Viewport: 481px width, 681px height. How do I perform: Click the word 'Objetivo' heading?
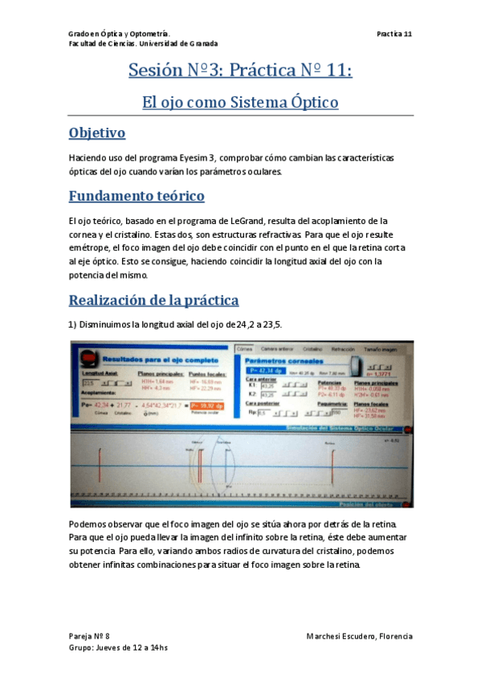(x=96, y=133)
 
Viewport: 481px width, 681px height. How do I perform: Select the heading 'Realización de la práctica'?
(x=153, y=300)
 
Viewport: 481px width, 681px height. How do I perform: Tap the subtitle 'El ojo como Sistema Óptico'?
(x=240, y=103)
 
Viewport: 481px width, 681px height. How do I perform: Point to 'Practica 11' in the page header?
(x=394, y=34)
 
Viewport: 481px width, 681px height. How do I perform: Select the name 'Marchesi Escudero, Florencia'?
(x=360, y=636)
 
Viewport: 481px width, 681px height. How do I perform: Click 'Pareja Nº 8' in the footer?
(x=89, y=636)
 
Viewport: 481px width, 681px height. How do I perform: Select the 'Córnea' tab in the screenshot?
(x=244, y=349)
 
